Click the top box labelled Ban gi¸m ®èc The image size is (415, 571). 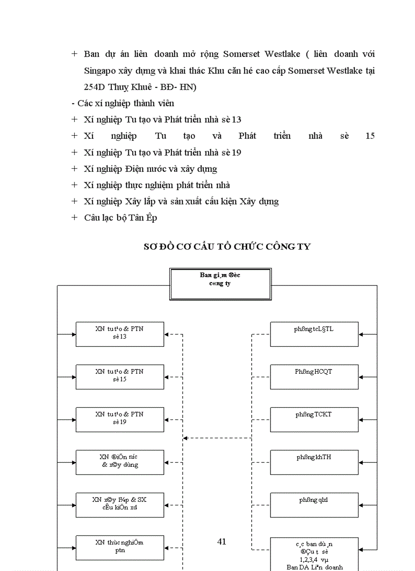click(x=220, y=284)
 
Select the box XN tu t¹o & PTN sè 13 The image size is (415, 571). click(x=120, y=334)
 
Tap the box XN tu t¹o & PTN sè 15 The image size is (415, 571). click(x=120, y=376)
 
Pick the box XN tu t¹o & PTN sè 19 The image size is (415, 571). click(x=120, y=419)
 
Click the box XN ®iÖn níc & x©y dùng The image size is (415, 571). click(x=120, y=462)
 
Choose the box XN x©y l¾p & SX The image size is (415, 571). click(x=120, y=504)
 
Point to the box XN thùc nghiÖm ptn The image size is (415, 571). click(x=120, y=547)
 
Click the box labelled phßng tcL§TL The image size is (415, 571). click(x=314, y=334)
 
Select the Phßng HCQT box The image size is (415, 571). click(x=314, y=376)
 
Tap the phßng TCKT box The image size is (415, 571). click(x=314, y=419)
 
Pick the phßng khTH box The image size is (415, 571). click(x=314, y=462)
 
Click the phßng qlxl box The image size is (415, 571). click(x=314, y=504)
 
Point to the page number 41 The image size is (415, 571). click(x=221, y=542)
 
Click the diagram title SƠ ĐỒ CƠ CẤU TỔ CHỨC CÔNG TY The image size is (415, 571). click(x=227, y=247)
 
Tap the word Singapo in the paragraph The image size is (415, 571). click(x=100, y=71)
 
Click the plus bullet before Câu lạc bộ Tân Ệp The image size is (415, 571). click(x=75, y=218)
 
